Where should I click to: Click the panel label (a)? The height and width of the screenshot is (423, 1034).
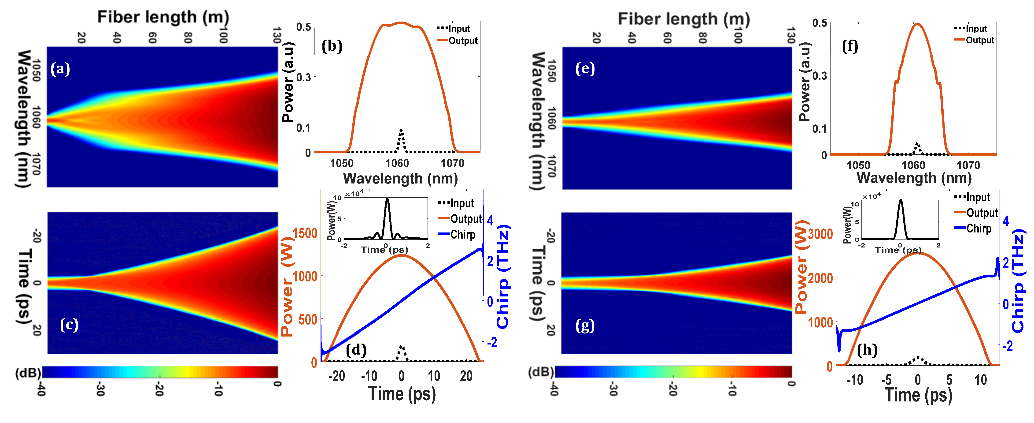(60, 69)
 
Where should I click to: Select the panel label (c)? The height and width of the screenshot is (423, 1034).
(69, 325)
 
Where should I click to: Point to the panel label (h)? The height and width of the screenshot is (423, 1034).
(867, 350)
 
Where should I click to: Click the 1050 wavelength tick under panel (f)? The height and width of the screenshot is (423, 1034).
(858, 165)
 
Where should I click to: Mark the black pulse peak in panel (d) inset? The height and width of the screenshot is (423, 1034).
(387, 199)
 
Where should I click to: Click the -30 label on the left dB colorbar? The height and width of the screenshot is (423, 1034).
(100, 389)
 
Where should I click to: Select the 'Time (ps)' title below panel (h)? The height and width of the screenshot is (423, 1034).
(918, 395)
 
